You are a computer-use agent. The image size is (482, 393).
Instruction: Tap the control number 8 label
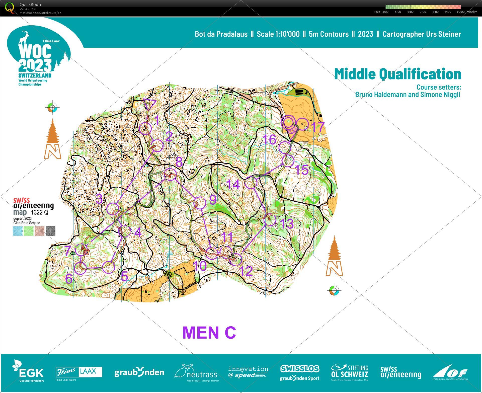pyautogui.click(x=179, y=162)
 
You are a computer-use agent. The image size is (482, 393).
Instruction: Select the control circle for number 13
pyautogui.click(x=270, y=220)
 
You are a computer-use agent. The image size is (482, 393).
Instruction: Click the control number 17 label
pyautogui.click(x=317, y=127)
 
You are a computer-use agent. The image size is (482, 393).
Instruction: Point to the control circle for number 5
pyautogui.click(x=109, y=267)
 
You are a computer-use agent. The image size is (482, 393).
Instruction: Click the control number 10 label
pyautogui.click(x=200, y=266)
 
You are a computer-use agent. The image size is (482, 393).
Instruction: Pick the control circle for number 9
pyautogui.click(x=200, y=203)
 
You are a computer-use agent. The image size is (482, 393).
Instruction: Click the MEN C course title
pyautogui.click(x=209, y=333)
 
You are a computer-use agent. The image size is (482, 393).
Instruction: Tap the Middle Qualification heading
pyautogui.click(x=397, y=74)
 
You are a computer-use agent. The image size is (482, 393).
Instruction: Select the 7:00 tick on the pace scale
pyautogui.click(x=423, y=12)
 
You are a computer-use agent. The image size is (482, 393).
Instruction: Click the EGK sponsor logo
pyautogui.click(x=28, y=371)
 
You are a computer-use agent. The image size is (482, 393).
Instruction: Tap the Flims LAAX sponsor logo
pyautogui.click(x=79, y=372)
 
